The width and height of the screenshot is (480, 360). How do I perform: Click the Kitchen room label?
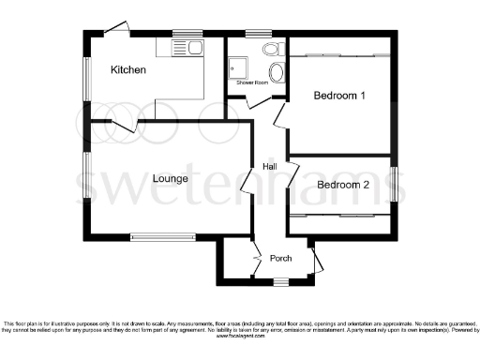[128, 70]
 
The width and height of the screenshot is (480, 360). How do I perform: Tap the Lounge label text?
[172, 178]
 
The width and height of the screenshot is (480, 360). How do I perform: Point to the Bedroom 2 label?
[342, 185]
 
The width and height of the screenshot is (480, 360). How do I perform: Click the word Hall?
[269, 166]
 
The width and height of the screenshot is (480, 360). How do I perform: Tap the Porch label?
[281, 259]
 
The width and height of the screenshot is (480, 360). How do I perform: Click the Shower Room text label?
[251, 83]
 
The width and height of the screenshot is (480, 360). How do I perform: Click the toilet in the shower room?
[272, 49]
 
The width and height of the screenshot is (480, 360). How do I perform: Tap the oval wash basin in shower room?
[277, 73]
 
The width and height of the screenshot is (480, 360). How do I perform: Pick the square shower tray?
[234, 67]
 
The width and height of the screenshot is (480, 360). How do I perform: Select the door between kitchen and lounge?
[125, 125]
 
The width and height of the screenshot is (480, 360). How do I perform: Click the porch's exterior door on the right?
[317, 257]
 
